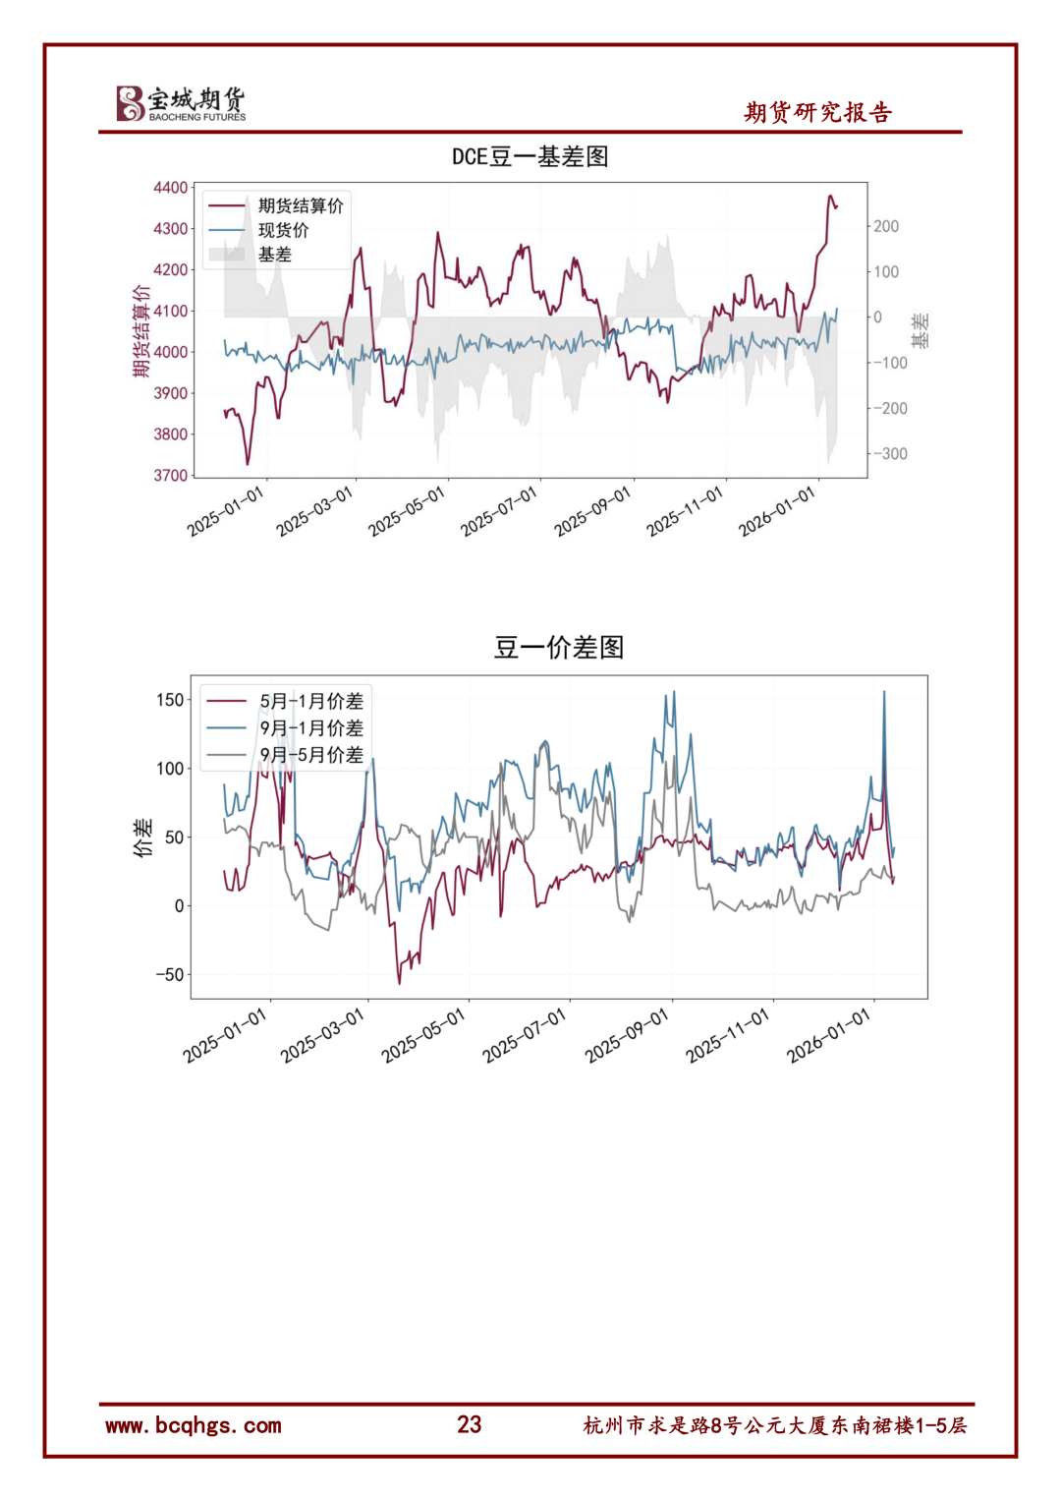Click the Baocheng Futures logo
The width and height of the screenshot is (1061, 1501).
coord(181,103)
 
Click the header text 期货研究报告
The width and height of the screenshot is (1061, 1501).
coord(817,113)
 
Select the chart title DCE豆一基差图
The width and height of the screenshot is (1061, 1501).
coord(530,157)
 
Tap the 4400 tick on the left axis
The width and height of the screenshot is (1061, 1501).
coord(170,188)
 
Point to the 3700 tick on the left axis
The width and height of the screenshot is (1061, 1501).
coord(170,476)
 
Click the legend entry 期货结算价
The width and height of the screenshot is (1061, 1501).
coord(301,205)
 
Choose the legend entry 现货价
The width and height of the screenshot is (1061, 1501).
coord(283,230)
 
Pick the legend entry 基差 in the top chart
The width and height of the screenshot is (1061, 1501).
coord(275,255)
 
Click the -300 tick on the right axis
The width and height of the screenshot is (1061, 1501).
coord(890,454)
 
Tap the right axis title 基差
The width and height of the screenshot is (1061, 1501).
coord(920,331)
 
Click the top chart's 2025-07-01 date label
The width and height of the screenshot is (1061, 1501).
coord(499,511)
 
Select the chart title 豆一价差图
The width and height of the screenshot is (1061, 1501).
coord(559,648)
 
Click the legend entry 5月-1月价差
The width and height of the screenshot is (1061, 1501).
coord(310,701)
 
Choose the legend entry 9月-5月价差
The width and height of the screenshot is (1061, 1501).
coord(310,755)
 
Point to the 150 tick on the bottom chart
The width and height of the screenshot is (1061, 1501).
coord(170,700)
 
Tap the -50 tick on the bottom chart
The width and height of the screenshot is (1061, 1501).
coord(169,975)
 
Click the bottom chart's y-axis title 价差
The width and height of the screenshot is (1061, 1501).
coord(143,837)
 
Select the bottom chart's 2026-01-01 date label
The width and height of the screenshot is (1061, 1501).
coord(829,1036)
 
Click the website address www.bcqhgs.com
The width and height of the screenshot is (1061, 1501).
coord(194,1425)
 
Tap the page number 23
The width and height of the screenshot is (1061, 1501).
coord(470,1424)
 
